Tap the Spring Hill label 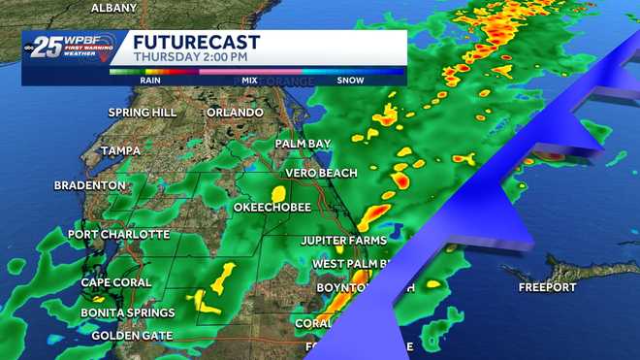[x=142, y=113]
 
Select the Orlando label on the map [x=236, y=113]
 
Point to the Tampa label [x=121, y=151]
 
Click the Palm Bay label [x=304, y=144]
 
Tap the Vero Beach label [x=321, y=173]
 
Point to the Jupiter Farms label [x=343, y=241]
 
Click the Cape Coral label [x=116, y=283]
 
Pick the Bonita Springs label [x=128, y=312]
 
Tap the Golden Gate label [x=132, y=336]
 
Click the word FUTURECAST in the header [x=195, y=42]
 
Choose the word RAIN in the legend [x=151, y=81]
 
